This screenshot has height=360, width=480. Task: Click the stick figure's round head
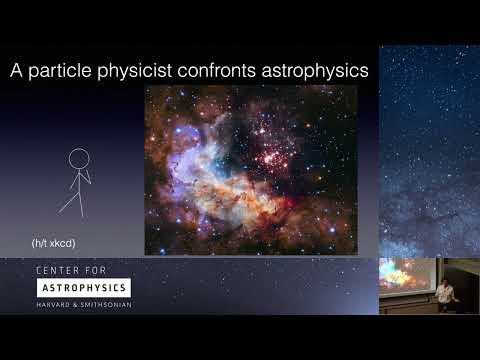pyautogui.click(x=78, y=158)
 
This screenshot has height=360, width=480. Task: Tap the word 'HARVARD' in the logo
pyautogui.click(x=54, y=303)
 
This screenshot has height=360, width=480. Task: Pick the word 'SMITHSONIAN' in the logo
pyautogui.click(x=106, y=303)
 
